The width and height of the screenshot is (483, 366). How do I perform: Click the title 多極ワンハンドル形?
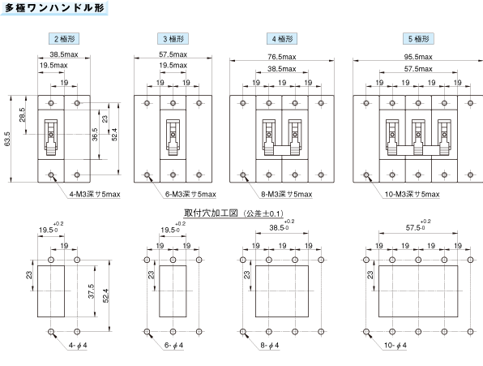tap(54, 7)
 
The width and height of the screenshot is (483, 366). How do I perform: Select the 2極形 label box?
tap(64, 39)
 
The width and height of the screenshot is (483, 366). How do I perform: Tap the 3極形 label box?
tap(173, 39)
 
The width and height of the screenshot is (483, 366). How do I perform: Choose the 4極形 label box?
tap(282, 39)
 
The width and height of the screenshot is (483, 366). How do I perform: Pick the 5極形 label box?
tap(418, 39)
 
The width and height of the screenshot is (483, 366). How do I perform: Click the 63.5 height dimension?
tap(7, 139)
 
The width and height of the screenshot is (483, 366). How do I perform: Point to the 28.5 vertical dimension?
tap(22, 114)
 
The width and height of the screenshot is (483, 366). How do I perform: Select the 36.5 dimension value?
tap(95, 135)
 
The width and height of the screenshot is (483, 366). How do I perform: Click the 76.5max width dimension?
tap(282, 57)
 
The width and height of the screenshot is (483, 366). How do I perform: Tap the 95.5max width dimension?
tap(418, 57)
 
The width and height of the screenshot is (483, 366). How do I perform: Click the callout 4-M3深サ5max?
tap(95, 194)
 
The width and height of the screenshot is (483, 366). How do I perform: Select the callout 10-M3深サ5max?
tap(412, 194)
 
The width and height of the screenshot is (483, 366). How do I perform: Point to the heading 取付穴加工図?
tap(211, 213)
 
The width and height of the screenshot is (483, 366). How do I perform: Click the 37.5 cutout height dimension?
tap(92, 291)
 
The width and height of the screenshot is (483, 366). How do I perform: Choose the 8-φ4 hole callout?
tap(270, 346)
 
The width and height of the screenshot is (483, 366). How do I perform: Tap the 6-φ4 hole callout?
tap(173, 346)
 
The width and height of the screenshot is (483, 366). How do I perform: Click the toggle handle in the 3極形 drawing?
tap(173, 137)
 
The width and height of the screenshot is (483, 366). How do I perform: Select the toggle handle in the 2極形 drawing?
tap(51, 137)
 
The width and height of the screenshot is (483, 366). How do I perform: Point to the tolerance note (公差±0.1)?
tap(263, 213)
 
